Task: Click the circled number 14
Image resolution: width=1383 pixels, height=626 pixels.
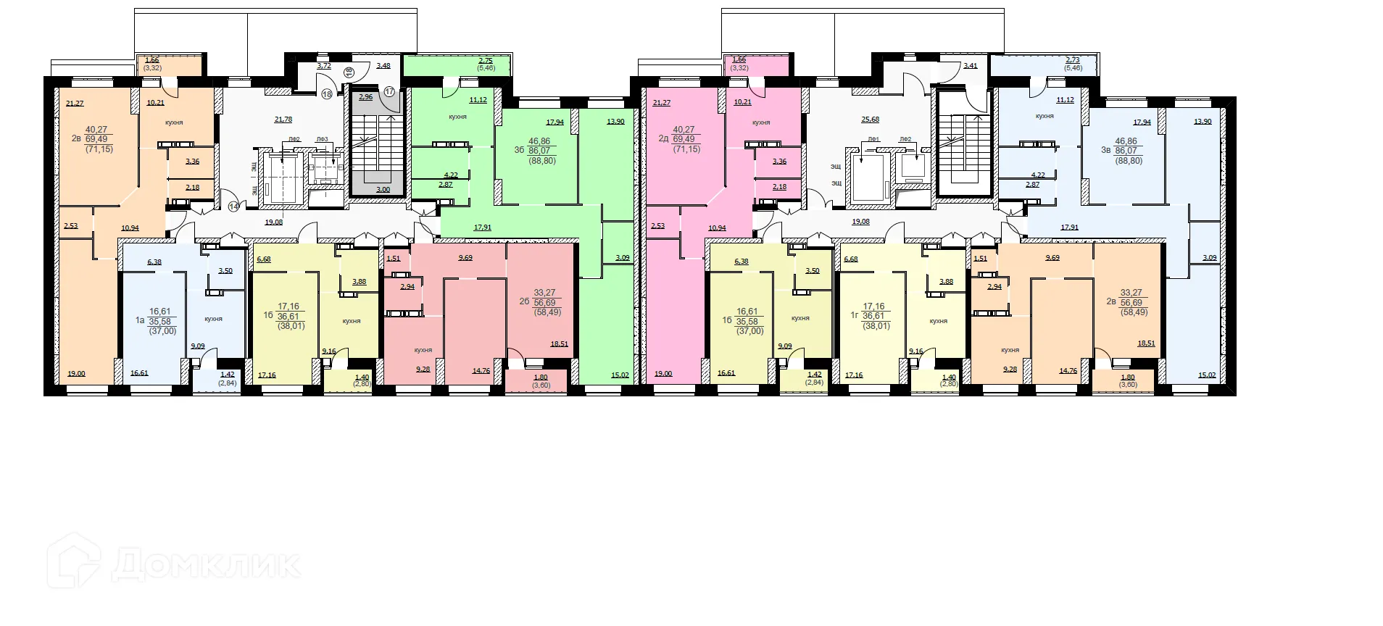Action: click(x=233, y=206)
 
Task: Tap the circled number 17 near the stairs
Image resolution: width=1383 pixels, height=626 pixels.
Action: click(x=389, y=92)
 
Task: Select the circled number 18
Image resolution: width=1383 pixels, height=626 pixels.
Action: click(x=327, y=94)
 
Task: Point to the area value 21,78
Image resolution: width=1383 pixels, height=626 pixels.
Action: click(x=283, y=120)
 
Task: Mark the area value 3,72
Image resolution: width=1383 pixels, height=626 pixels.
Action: click(x=324, y=66)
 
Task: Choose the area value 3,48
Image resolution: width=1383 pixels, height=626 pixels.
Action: click(x=383, y=66)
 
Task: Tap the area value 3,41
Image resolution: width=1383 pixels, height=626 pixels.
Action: click(x=970, y=66)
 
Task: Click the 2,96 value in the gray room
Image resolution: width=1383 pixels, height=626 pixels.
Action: click(x=366, y=97)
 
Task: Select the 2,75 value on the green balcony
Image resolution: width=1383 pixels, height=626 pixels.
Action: click(x=486, y=61)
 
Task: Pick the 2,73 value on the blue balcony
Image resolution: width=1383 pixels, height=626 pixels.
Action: click(x=1072, y=61)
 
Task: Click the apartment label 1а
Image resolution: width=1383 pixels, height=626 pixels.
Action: click(x=140, y=319)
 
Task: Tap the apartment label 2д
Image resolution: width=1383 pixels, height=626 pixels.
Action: click(x=663, y=139)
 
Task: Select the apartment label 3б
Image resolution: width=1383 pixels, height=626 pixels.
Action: click(x=519, y=150)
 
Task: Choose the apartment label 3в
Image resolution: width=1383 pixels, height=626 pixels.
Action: click(x=1105, y=150)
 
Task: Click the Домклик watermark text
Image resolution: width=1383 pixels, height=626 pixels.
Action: click(x=207, y=564)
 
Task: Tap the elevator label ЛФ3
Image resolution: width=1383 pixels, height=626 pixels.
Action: click(x=322, y=139)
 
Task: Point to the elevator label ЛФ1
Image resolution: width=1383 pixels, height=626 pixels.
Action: click(x=873, y=139)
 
